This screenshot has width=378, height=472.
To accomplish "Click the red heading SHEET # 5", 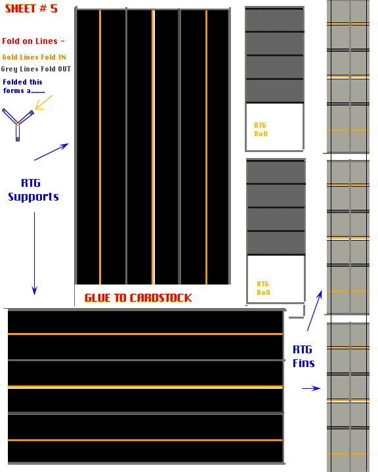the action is pos(31,9).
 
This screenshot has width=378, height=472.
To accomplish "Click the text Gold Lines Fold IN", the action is pos(34,57).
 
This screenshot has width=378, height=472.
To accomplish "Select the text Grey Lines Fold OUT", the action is pos(36,69).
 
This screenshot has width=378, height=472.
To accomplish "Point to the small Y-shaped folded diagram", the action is pos(18,124).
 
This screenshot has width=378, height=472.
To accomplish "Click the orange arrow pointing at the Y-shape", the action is pos(44,102).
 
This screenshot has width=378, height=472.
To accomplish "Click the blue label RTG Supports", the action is pos(33,189).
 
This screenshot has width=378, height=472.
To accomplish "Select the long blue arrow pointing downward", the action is pos(34,254).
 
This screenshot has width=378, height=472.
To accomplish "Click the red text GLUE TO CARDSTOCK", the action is pos(138,298).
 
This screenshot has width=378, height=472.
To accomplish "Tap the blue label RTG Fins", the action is pos(304,357).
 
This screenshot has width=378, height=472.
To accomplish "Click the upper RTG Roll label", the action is pos(261,129).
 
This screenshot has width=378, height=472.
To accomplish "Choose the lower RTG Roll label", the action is pos(263,288).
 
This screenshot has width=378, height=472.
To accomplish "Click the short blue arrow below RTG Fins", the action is pos(311,388).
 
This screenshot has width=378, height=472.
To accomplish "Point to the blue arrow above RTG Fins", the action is pos(314,310).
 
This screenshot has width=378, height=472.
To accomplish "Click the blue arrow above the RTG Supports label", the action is pos(52,151).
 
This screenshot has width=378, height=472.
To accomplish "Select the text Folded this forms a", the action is pos(24,86).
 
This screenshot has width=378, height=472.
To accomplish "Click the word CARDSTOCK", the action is pos(161,298).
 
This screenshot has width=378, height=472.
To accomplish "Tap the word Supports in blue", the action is pos(33,197).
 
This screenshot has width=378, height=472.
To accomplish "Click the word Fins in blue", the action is pos(304,363).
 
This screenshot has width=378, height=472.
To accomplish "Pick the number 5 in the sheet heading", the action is pos(54,9).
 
